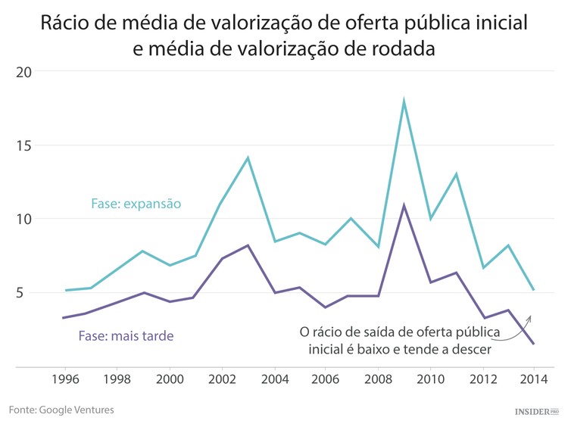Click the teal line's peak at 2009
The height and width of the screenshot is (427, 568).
click(404, 101)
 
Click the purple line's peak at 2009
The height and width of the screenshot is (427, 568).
click(404, 205)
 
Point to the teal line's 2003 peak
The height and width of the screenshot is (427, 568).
click(248, 157)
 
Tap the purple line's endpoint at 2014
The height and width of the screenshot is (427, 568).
click(534, 344)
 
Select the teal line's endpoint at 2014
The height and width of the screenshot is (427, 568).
click(534, 290)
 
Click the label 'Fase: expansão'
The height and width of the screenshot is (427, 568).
click(136, 204)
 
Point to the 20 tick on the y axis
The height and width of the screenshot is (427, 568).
click(24, 72)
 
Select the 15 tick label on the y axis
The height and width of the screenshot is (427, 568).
click(24, 145)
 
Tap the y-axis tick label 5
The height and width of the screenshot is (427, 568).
click(27, 293)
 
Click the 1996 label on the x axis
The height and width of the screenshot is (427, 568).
click(65, 378)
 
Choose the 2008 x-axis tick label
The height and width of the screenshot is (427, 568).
click(378, 378)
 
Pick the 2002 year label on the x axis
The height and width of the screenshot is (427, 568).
click(221, 378)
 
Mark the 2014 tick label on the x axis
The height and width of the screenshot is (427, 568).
click(534, 378)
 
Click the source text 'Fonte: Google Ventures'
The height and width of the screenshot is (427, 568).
click(61, 410)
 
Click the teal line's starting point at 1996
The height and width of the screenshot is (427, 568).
click(65, 290)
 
